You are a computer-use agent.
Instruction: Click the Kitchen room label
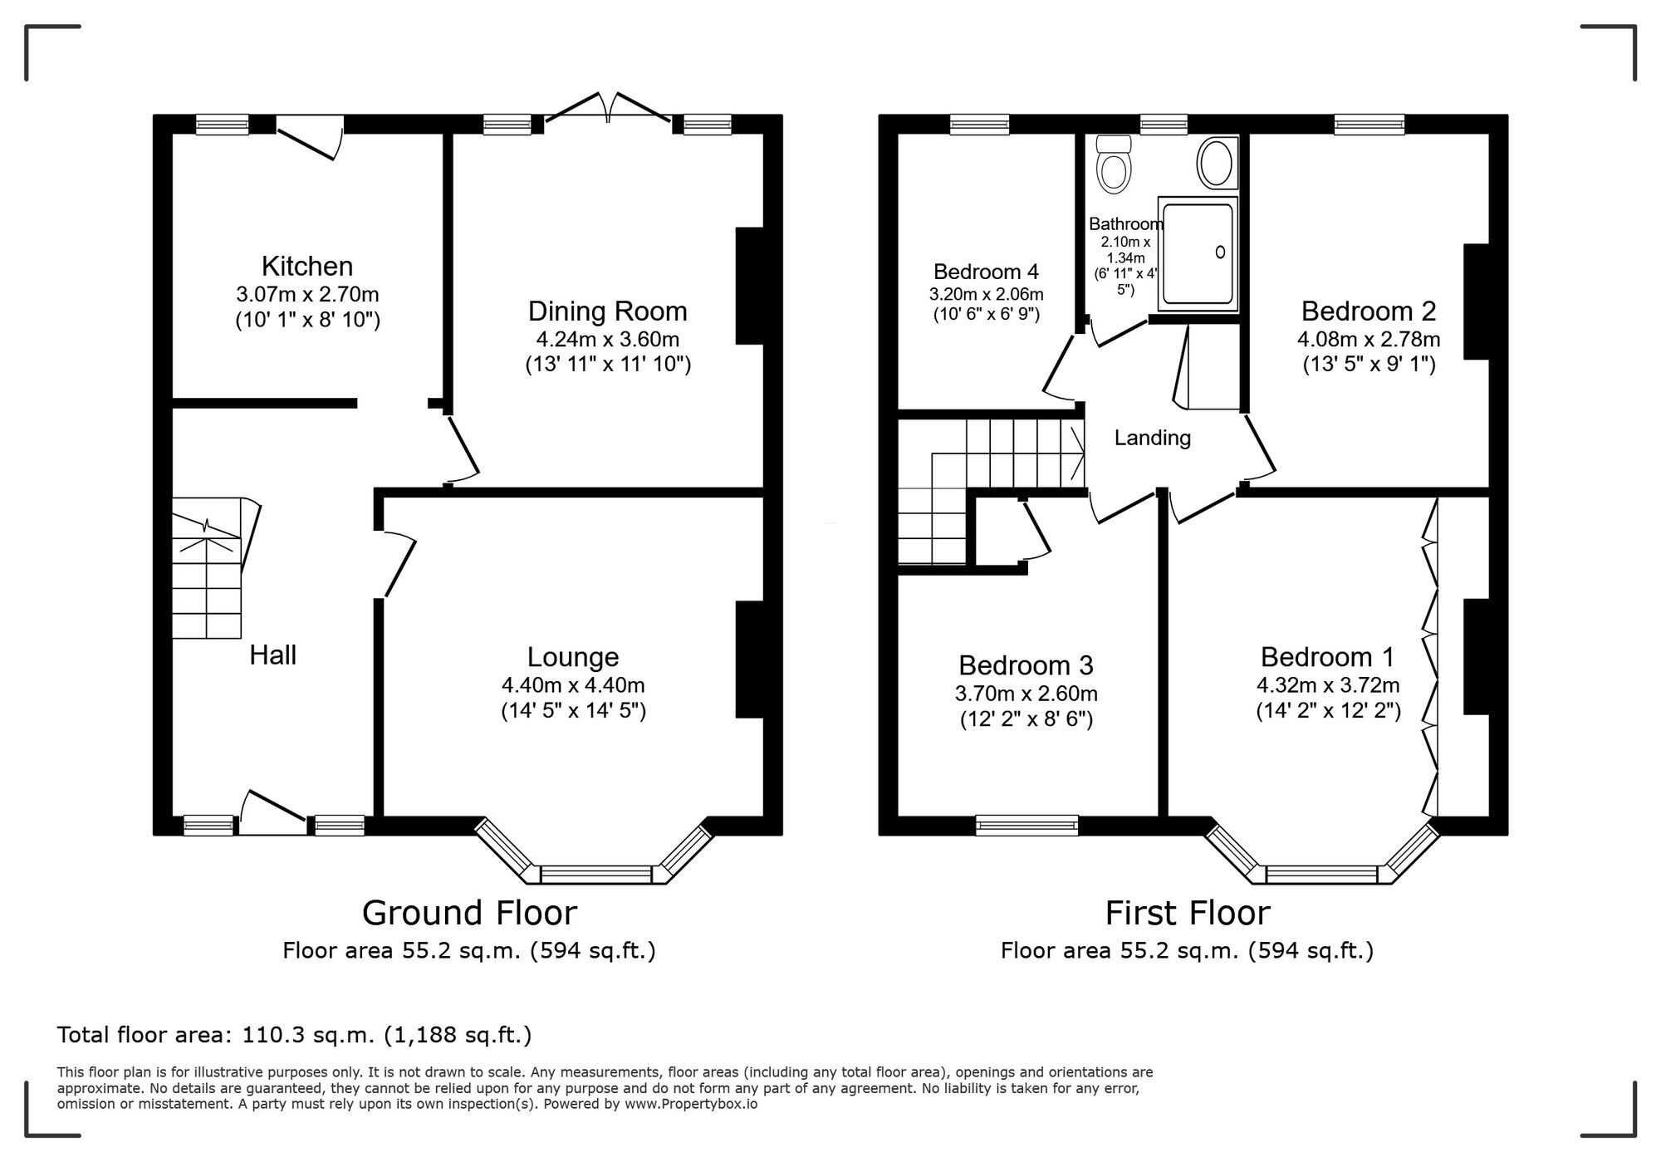(x=307, y=266)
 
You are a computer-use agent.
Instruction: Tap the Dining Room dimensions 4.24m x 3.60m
(x=608, y=339)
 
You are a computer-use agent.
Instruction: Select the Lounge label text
(x=573, y=657)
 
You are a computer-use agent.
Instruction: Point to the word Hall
(x=272, y=655)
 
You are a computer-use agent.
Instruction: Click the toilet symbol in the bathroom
(x=1113, y=165)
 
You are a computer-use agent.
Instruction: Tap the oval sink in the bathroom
(x=1217, y=163)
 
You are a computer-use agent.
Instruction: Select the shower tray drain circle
(x=1220, y=252)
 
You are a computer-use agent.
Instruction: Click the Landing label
(x=1152, y=438)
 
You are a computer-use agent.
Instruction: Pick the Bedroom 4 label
(x=986, y=272)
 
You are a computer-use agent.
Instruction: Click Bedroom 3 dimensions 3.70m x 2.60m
(x=1026, y=693)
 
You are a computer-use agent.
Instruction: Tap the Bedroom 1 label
(x=1327, y=657)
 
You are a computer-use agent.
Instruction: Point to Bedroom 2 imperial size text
(x=1369, y=364)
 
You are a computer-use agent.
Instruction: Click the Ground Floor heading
(x=469, y=913)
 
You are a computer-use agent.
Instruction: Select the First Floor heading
(x=1187, y=913)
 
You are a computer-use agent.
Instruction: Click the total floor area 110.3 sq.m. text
(x=294, y=1035)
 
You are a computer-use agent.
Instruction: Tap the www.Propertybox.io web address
(x=690, y=1105)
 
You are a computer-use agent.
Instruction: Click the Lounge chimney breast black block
(x=749, y=659)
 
